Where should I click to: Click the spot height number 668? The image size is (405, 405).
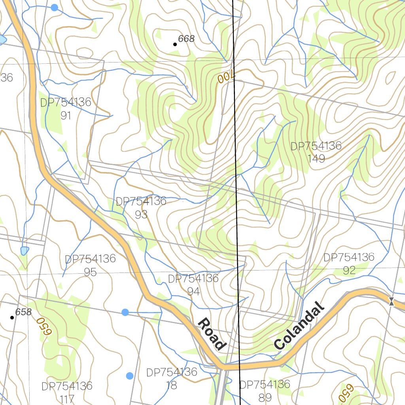click(x=186, y=39)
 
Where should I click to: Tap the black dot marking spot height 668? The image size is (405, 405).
click(x=175, y=44)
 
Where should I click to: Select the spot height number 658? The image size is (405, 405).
click(x=23, y=312)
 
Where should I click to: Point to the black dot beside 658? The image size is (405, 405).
click(x=12, y=317)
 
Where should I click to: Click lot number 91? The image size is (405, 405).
click(x=66, y=115)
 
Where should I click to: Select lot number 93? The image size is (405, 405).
click(x=141, y=214)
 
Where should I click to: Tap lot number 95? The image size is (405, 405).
click(x=90, y=272)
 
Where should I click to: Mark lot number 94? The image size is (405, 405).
click(x=193, y=291)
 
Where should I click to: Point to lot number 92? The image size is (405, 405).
click(x=349, y=271)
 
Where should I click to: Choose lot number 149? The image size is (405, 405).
click(x=316, y=159)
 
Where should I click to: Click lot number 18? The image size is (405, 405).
click(x=172, y=385)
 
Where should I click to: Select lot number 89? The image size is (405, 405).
click(x=265, y=397)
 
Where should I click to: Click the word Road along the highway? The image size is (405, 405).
click(x=212, y=334)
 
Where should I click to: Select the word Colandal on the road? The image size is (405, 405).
click(x=299, y=327)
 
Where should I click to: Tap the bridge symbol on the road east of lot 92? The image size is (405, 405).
click(x=391, y=301)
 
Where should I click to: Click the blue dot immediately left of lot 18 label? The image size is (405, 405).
click(x=130, y=376)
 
